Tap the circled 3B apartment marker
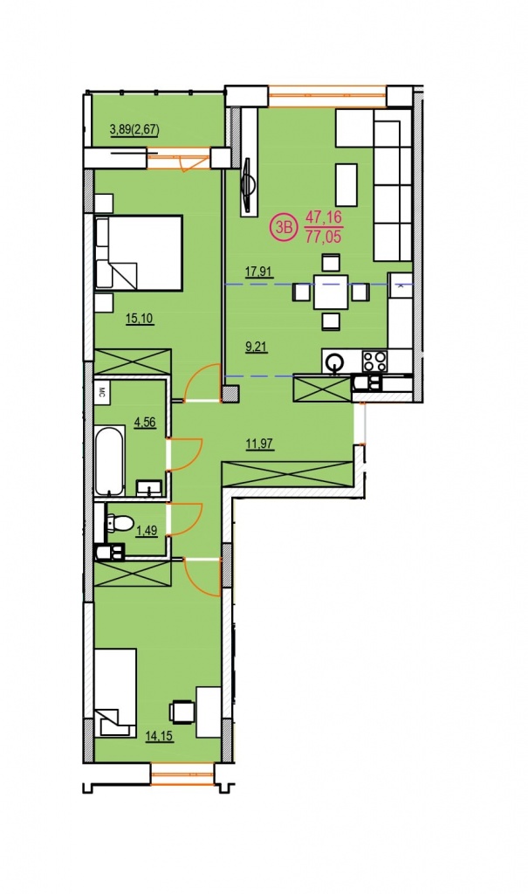pos(283,226)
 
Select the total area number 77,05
pos(324,237)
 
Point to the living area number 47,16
pos(323,217)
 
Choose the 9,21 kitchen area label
pos(257,346)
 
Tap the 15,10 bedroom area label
pos(139,318)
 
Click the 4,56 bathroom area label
pos(145,423)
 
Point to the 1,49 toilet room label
pos(147,531)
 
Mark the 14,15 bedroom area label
pos(159,736)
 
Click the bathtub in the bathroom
pos(110,460)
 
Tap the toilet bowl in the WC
pos(120,522)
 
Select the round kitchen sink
pos(333,361)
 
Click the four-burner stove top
pos(375,361)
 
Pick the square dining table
pos(331,292)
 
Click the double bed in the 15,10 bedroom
pos(139,253)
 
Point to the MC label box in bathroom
pos(103,391)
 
